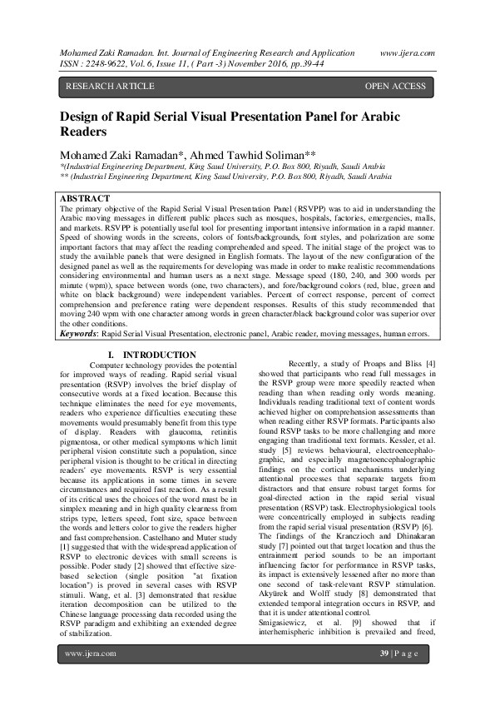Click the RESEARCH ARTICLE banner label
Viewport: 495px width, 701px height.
110,86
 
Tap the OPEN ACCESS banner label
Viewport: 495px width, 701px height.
395,86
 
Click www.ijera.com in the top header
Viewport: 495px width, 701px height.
407,52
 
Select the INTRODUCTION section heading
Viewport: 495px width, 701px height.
158,355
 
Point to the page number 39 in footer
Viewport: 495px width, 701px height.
384,675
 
